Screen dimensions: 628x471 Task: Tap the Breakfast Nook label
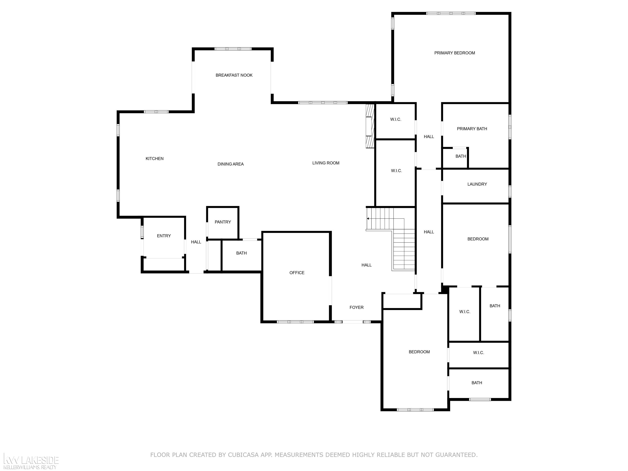234,75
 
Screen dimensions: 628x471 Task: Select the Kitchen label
155,159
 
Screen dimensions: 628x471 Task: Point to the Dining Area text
231,164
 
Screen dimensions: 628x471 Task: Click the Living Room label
326,163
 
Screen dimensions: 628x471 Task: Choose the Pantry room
223,222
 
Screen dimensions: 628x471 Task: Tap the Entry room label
164,236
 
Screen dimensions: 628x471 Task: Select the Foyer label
357,307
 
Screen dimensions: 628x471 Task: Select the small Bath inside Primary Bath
461,156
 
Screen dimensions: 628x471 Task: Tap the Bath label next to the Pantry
241,253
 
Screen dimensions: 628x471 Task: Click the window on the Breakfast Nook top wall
233,49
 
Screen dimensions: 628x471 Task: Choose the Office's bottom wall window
295,322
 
